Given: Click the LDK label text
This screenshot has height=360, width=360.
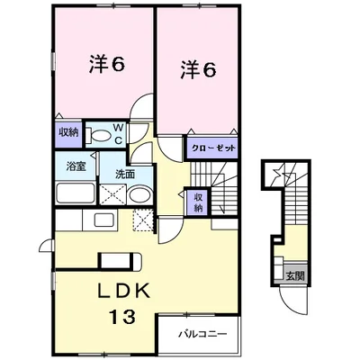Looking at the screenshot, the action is (124, 291).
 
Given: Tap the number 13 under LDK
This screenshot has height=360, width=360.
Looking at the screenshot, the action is (122, 317).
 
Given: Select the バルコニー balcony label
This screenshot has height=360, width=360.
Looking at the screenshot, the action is (202, 334).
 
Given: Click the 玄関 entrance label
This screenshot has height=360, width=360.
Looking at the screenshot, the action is (295, 275).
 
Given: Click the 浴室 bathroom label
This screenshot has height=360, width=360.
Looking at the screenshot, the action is (76, 166).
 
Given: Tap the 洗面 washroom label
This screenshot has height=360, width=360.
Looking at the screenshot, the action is (125, 175).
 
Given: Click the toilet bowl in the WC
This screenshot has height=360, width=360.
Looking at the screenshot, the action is (97, 134).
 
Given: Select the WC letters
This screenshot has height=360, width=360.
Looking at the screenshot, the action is (118, 134).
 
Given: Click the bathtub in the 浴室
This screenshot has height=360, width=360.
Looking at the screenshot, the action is (76, 193).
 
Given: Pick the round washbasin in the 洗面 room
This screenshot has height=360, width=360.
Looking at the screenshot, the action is (139, 195).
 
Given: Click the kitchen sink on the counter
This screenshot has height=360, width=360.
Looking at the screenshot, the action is (104, 220).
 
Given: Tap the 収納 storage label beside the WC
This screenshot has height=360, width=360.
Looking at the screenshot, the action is (68, 132).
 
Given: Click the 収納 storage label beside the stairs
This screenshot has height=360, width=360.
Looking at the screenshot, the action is (198, 202).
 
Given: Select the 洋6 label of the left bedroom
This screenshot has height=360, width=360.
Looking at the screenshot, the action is (106, 63).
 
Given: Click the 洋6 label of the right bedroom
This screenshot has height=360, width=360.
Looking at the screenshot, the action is (198, 70).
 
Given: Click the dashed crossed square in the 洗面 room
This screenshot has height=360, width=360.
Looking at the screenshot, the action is (112, 194).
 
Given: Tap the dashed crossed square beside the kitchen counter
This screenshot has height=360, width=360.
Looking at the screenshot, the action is (143, 220).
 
